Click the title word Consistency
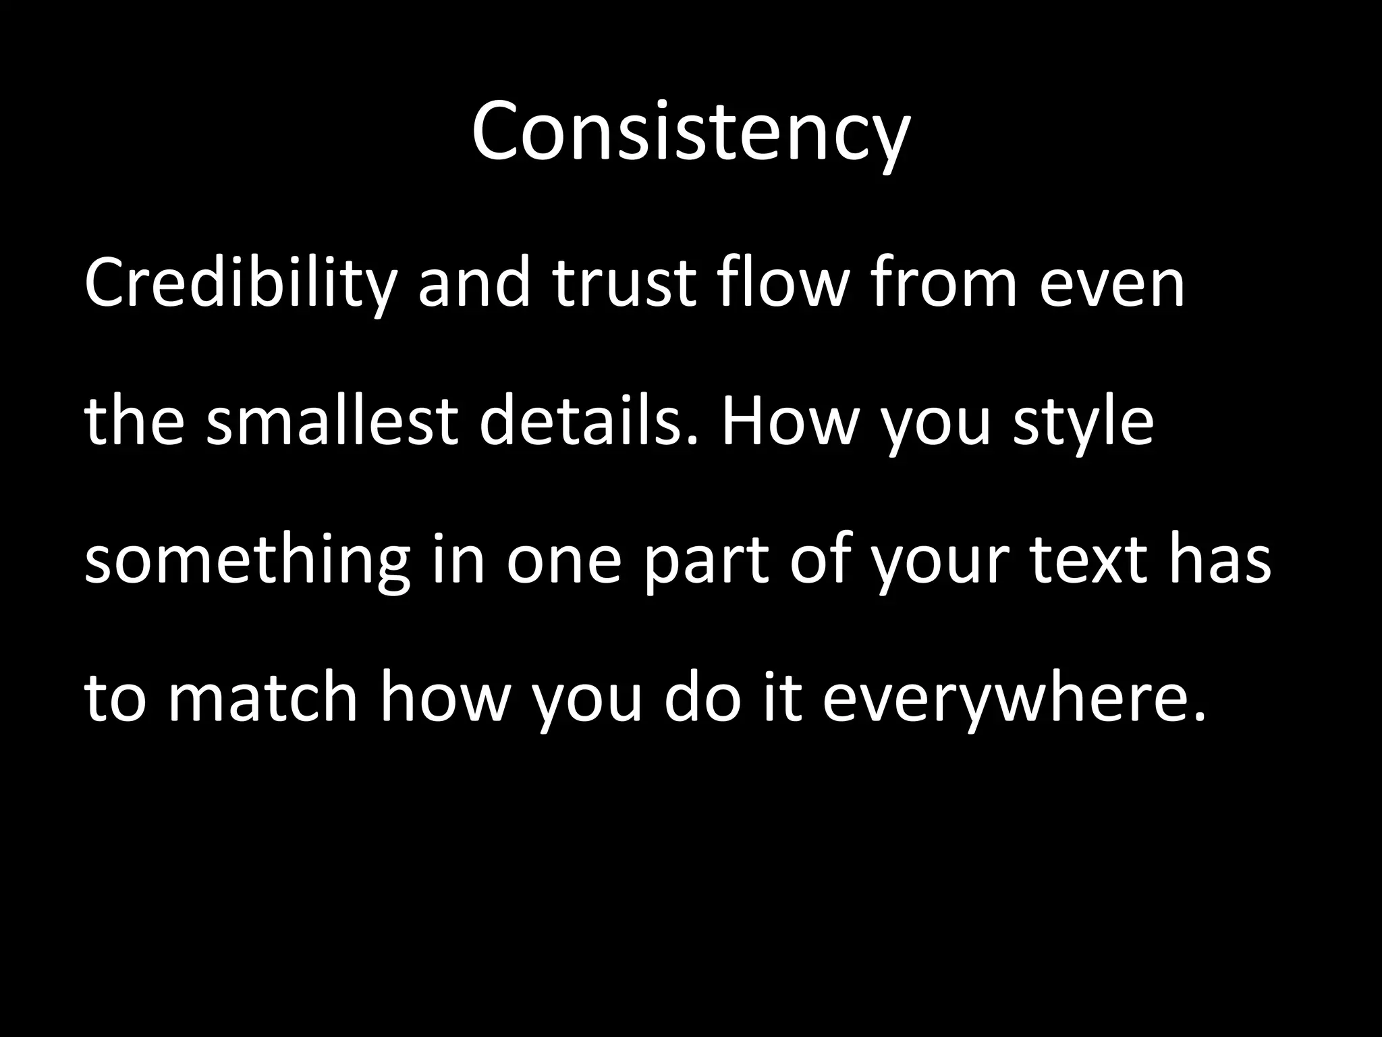tap(690, 132)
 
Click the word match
tap(262, 699)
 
